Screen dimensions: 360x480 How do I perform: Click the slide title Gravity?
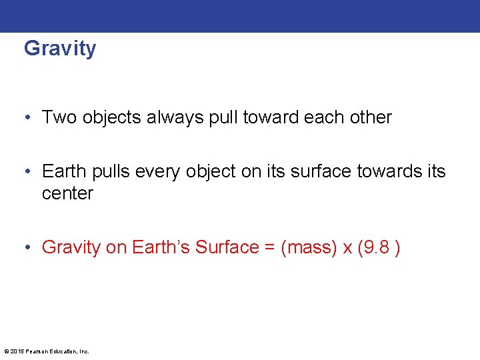pos(60,49)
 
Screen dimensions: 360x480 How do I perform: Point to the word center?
pos(67,194)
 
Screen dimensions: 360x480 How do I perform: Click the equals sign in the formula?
pos(269,247)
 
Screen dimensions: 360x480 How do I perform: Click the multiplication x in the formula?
pos(347,248)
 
